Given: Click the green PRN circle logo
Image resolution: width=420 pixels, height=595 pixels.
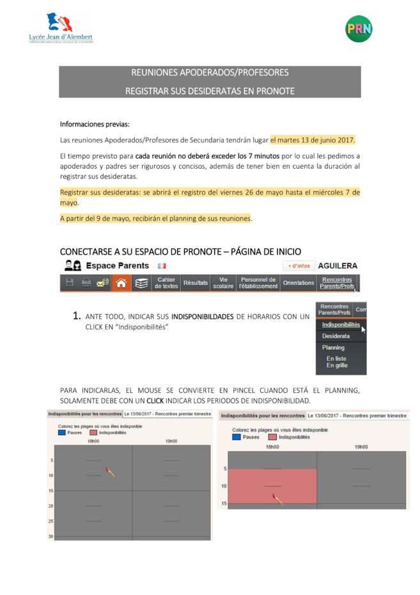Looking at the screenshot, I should tap(359, 28).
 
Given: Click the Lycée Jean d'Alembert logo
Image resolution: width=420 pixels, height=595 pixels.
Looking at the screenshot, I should tap(61, 29).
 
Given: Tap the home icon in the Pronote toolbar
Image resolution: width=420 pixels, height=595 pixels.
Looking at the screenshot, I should tap(121, 283).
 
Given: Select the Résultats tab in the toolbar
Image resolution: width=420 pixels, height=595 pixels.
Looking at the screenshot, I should tap(196, 283).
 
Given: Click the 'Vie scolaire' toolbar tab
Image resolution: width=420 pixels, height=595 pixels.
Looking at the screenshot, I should tap(223, 283).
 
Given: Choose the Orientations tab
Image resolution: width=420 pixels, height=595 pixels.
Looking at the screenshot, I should tap(299, 283).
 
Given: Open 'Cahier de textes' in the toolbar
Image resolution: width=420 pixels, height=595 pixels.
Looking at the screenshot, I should tap(166, 283).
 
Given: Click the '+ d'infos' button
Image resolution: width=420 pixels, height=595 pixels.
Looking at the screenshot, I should tap(299, 266).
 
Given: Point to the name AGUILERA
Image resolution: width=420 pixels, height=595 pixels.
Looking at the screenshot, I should tap(338, 266).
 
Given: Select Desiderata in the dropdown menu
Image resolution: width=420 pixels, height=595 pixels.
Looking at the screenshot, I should tap(336, 336).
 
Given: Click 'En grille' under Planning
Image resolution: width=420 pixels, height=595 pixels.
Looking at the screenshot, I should tap(336, 365).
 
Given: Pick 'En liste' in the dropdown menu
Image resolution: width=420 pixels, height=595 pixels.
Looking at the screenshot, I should tap(336, 359).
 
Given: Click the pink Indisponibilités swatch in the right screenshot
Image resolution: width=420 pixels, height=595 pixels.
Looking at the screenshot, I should tap(272, 437).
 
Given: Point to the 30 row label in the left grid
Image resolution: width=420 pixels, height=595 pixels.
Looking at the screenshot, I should tap(51, 536).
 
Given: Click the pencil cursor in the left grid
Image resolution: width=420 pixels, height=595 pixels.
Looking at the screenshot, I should tap(111, 473).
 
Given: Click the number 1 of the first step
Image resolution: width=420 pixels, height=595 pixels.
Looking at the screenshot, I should tap(76, 315).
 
